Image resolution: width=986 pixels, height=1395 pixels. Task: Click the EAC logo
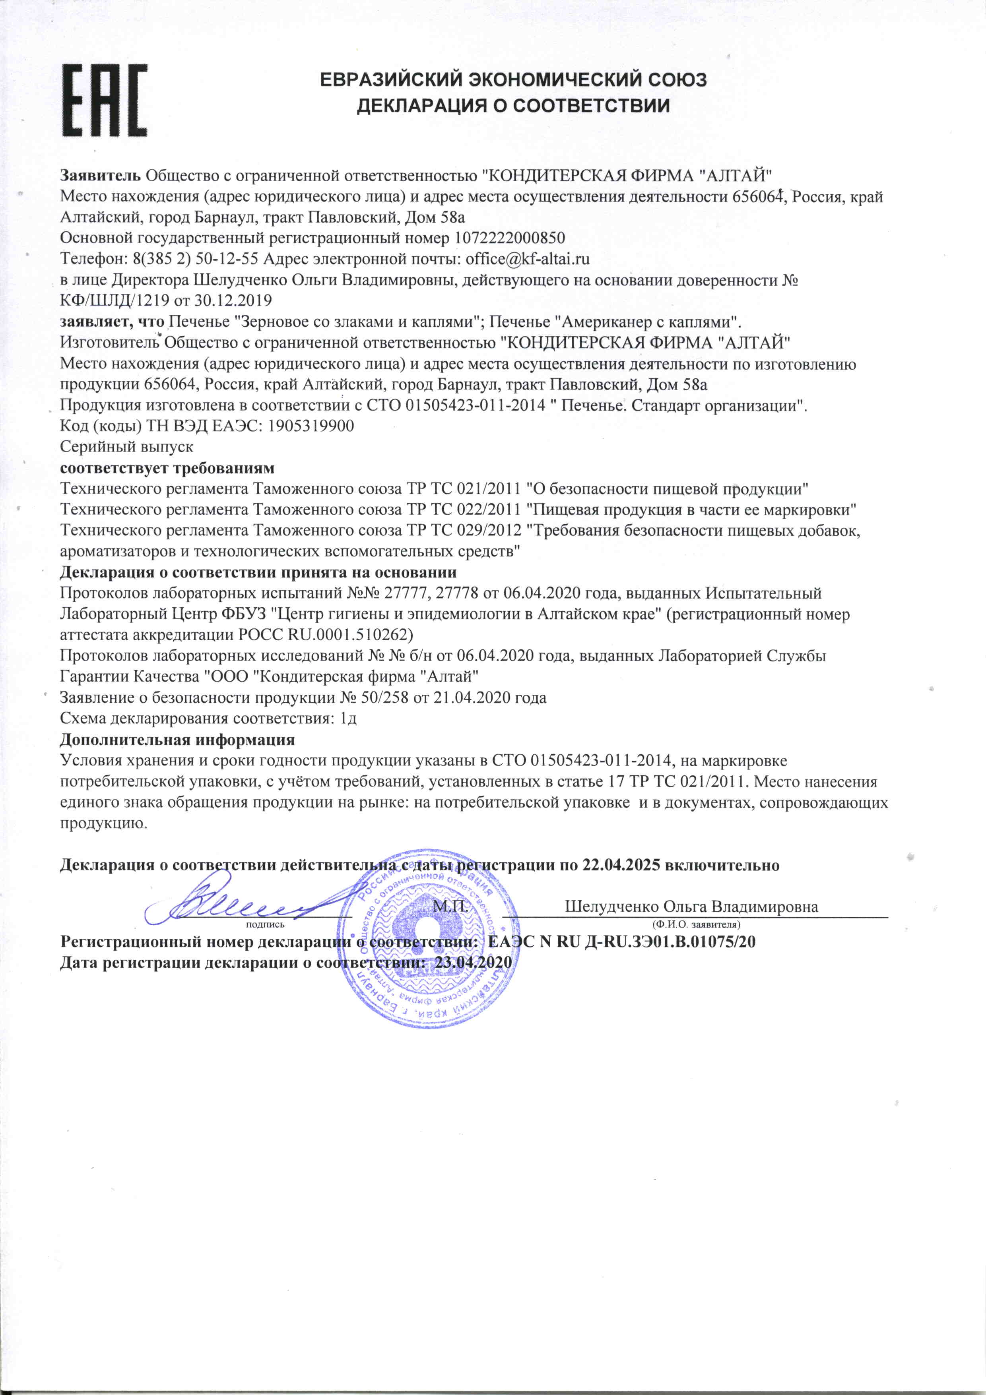click(105, 101)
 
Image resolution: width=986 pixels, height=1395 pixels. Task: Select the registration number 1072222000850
click(509, 238)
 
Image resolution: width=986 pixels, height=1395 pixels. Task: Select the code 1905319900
click(310, 426)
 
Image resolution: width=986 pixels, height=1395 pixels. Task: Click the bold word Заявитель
click(100, 176)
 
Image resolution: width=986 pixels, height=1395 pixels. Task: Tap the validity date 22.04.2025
click(621, 865)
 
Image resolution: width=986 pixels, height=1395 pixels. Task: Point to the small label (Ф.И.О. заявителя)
click(695, 925)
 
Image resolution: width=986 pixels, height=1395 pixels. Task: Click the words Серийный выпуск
click(126, 447)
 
